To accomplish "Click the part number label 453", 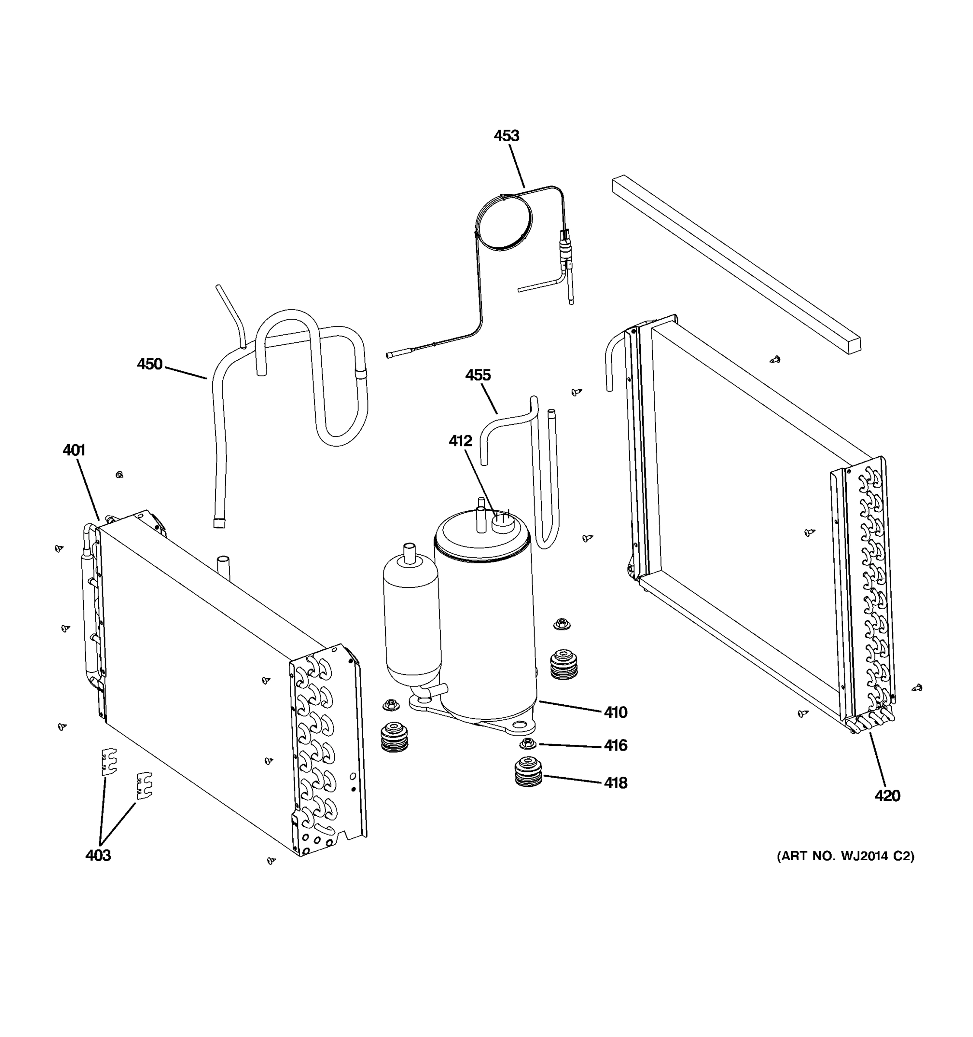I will pos(506,136).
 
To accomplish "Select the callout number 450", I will pos(149,364).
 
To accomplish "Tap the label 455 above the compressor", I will pos(477,375).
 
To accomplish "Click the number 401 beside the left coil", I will pos(74,450).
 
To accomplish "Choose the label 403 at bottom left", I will pos(98,856).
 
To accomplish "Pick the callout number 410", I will pos(615,713).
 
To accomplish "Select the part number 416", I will pos(615,746).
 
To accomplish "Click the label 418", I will pos(615,783).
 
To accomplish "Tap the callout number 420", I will pos(887,796).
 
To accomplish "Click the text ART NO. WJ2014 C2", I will pos(845,856).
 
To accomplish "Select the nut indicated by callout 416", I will pos(528,742).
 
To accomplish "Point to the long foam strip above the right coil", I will pos(736,264).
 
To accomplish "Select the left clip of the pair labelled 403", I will pos(109,763).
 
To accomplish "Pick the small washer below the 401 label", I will pos(119,475).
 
